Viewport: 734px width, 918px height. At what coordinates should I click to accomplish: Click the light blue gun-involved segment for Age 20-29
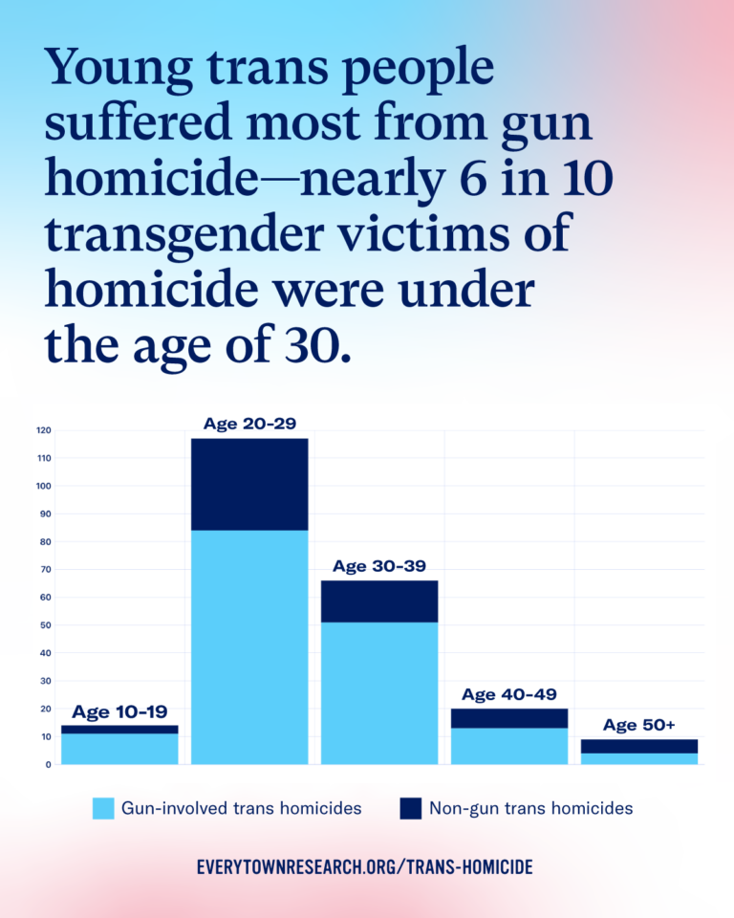click(249, 646)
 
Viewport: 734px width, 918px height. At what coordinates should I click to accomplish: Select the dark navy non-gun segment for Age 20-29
click(249, 484)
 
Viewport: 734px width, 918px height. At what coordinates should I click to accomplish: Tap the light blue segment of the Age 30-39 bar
click(379, 692)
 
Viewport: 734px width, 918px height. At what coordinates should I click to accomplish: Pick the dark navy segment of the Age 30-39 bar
click(379, 601)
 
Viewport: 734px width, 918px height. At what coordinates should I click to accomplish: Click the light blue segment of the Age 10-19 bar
click(119, 749)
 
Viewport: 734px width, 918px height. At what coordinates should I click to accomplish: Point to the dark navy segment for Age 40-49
click(509, 718)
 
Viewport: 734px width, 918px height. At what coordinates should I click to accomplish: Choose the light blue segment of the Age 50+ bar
click(639, 758)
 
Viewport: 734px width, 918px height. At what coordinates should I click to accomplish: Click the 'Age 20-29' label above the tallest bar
click(249, 424)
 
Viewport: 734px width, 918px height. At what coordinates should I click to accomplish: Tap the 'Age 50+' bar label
click(639, 725)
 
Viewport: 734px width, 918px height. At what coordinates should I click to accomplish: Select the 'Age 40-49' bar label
click(509, 694)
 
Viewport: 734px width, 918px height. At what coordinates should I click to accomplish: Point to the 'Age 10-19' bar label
click(119, 711)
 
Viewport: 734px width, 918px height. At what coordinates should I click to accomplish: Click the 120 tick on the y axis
click(43, 430)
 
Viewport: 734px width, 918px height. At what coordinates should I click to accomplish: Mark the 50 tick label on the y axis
click(45, 625)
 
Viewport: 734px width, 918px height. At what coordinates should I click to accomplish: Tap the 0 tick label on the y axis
click(47, 765)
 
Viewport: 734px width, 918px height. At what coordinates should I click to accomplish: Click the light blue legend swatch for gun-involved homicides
click(103, 809)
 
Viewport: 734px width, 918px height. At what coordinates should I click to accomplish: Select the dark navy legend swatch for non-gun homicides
click(411, 809)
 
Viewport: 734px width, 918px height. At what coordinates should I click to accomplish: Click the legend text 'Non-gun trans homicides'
click(530, 809)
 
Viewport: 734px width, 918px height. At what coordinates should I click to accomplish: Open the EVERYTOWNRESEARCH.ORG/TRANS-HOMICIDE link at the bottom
click(364, 867)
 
